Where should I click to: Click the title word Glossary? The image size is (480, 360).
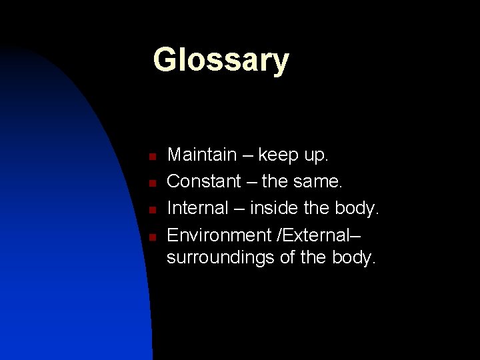[x=221, y=61]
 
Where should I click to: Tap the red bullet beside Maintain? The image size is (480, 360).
[x=152, y=157]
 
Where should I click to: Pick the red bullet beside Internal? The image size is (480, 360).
[x=152, y=210]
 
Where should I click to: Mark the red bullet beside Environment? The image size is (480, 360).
[x=152, y=237]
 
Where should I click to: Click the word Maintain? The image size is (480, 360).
[x=202, y=155]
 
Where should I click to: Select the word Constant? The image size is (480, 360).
[x=204, y=181]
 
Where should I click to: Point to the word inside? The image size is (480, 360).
[x=275, y=208]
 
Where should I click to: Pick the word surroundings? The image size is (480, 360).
[x=221, y=258]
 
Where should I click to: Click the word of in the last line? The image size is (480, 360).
[x=287, y=257]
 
